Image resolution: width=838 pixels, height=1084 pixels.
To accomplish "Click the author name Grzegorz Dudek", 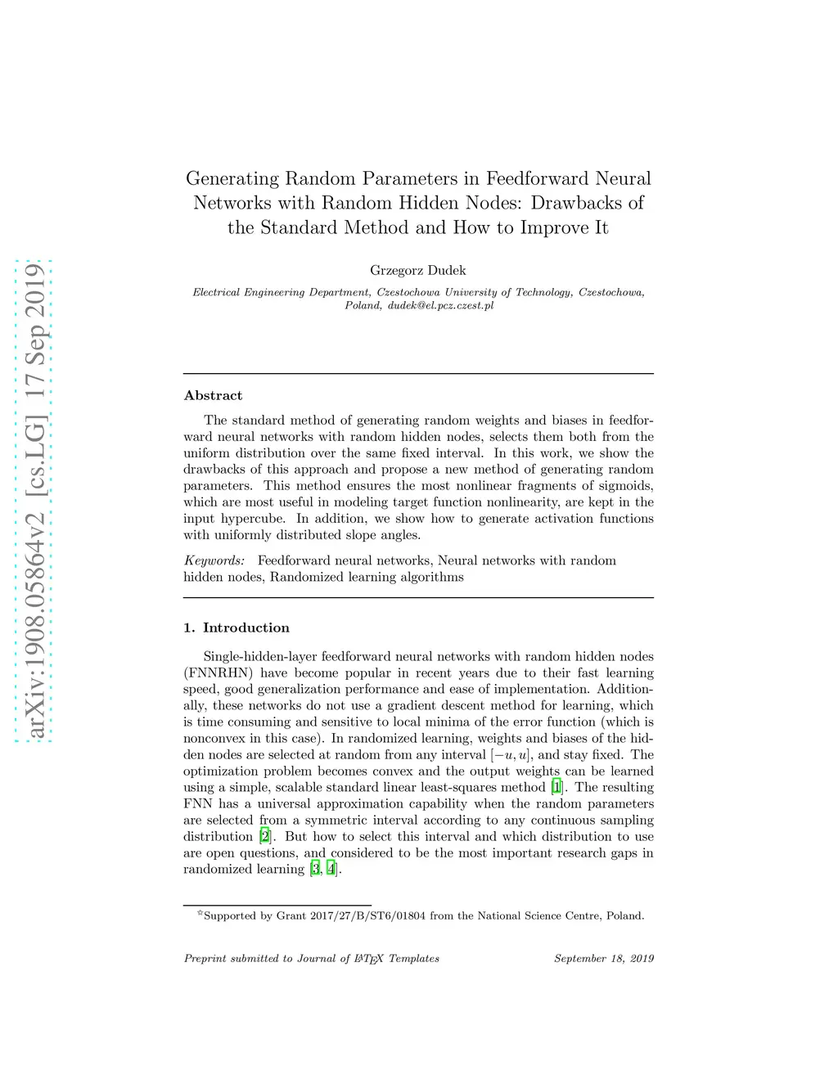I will pos(417,271).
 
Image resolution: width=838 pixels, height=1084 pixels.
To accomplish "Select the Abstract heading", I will pos(213,396).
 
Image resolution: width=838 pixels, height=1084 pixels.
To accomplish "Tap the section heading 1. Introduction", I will pos(237,628).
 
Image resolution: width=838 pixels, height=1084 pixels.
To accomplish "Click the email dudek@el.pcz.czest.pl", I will pos(440,306).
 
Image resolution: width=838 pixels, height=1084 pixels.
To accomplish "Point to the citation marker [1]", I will pos(556,788).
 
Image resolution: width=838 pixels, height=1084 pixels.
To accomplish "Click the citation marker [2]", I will pos(264,837).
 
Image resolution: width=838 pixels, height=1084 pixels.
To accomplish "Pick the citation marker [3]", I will pos(316,870).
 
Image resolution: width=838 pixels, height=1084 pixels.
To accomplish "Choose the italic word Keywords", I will pos(214,561).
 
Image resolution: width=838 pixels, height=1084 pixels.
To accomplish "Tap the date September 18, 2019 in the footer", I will pos(604,959).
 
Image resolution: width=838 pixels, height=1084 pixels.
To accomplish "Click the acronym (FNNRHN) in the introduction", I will pos(218,673).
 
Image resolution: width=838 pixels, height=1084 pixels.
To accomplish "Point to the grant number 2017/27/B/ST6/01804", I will pos(368,916).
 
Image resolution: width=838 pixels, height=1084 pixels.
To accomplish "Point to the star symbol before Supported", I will pos(200,913).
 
